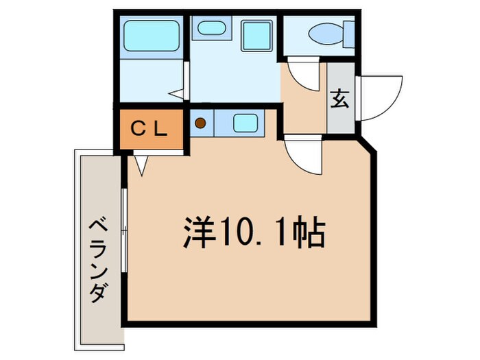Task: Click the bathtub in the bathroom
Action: coord(153,35)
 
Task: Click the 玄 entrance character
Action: coord(340,99)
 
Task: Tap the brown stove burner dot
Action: coord(201,124)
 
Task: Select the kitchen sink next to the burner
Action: coord(245,123)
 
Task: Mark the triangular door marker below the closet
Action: coord(141,165)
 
